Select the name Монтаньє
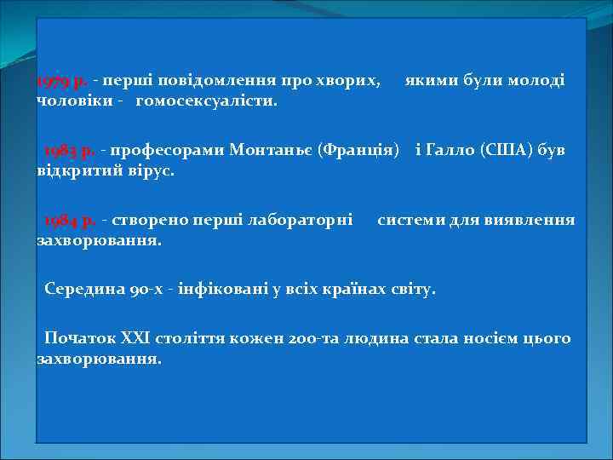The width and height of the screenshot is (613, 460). point(272,151)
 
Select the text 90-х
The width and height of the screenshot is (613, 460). point(140,289)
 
